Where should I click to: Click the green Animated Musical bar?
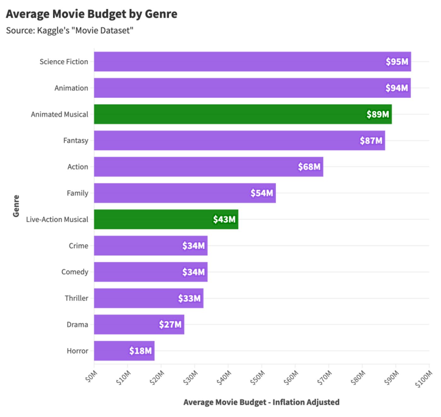[x=243, y=114]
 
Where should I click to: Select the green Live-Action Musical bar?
[x=166, y=219]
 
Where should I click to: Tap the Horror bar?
[x=124, y=351]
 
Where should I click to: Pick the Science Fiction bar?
[x=252, y=61]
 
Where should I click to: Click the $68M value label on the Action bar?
[x=309, y=167]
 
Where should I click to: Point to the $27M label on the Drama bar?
[x=170, y=325]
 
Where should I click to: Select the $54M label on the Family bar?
[x=261, y=193]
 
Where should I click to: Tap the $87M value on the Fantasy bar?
[x=371, y=141]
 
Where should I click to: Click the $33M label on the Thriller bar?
[x=189, y=298]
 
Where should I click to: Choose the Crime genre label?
[x=78, y=246]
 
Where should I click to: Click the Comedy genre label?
[x=75, y=272]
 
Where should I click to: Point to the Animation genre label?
[x=71, y=88]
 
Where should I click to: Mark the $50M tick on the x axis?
[x=258, y=378]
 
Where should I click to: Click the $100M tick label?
[x=424, y=379]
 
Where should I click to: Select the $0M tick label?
[x=91, y=376]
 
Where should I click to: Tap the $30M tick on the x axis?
[x=191, y=378]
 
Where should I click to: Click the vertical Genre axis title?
[x=16, y=206]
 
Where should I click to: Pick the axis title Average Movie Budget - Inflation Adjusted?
[x=261, y=402]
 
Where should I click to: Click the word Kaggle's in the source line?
[x=53, y=31]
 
